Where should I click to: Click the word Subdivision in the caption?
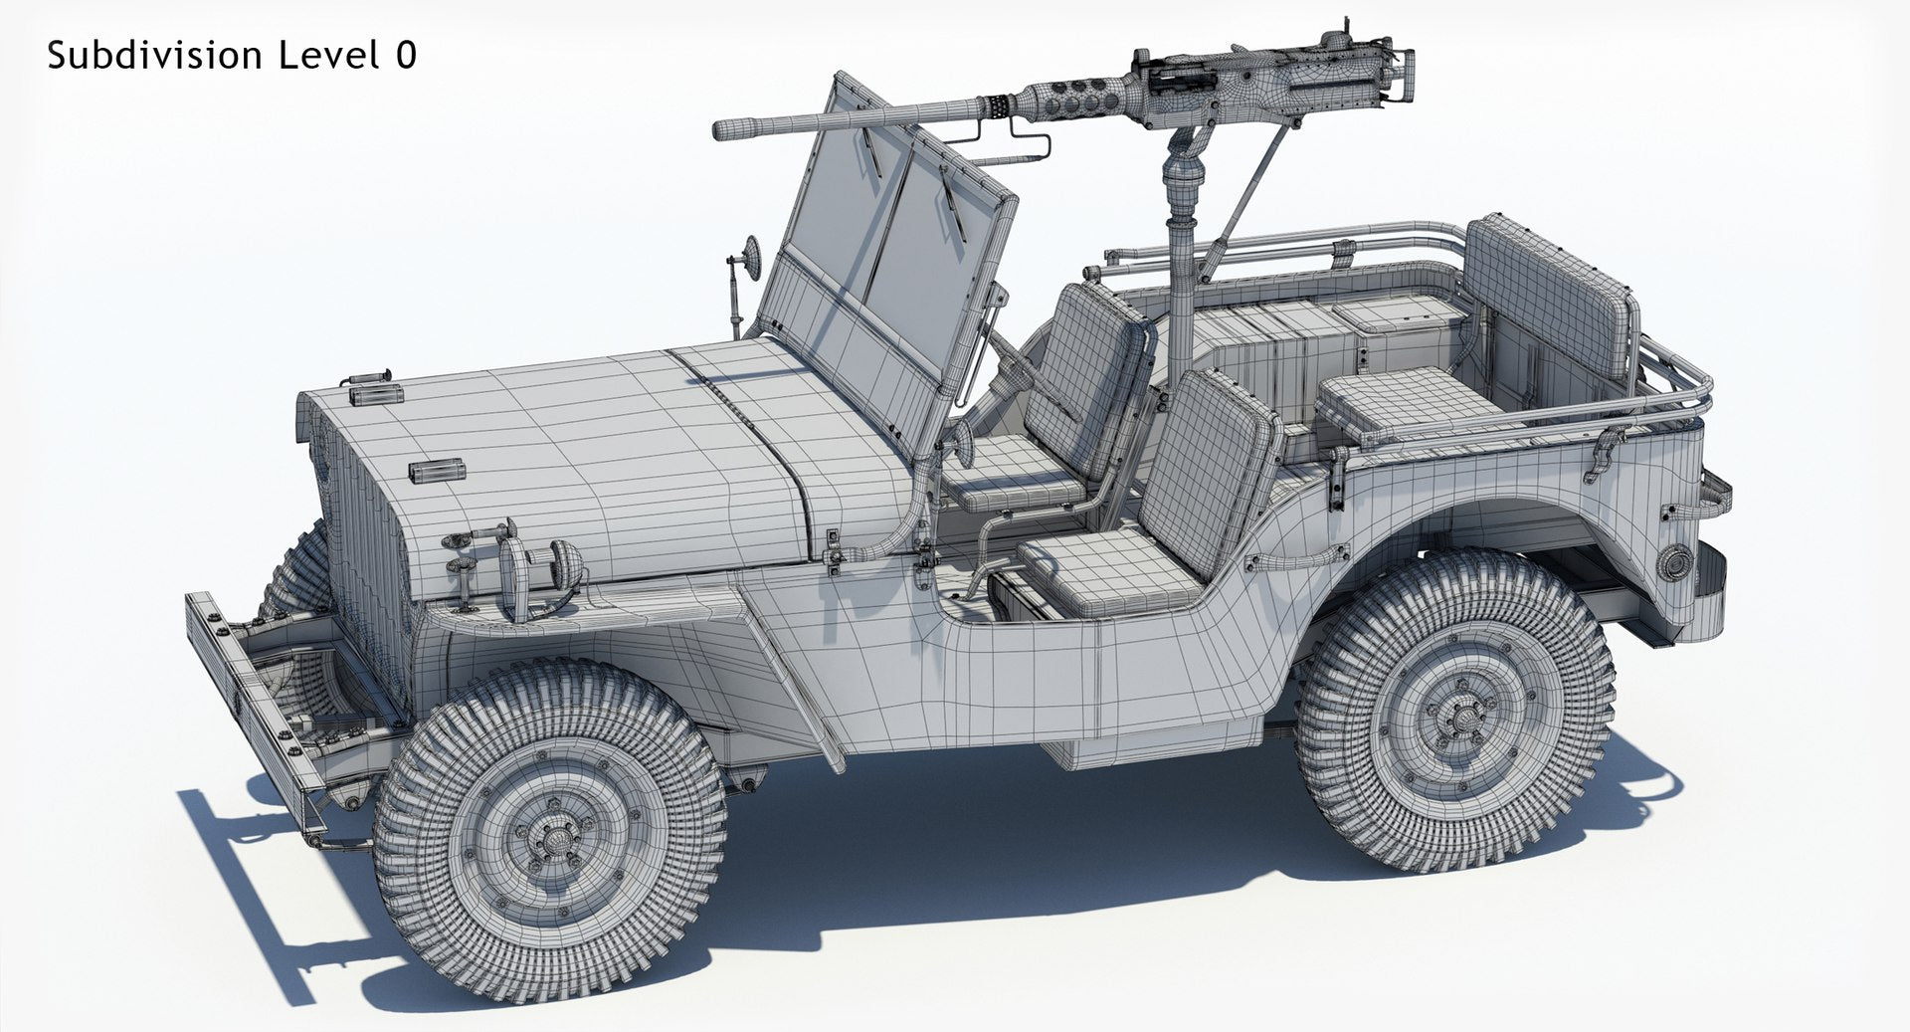pos(155,56)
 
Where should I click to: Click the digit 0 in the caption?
pos(405,56)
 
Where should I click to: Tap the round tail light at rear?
pos(1674,563)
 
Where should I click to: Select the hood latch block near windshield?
pos(435,468)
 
